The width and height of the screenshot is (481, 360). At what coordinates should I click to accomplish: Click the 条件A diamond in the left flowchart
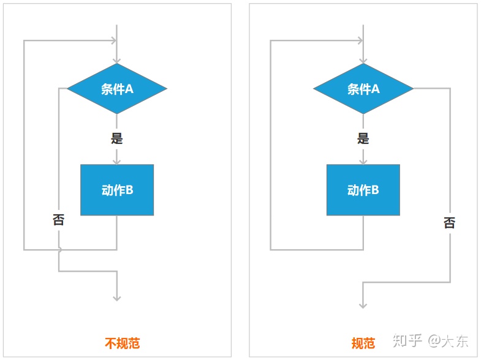click(x=116, y=89)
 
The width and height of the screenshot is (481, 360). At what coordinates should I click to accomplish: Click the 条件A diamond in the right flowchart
click(x=363, y=89)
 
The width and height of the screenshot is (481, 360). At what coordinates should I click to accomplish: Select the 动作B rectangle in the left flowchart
click(x=116, y=190)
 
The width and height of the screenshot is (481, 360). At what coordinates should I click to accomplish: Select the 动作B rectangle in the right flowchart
click(x=363, y=190)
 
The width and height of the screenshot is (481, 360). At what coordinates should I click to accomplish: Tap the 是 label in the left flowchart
click(x=116, y=138)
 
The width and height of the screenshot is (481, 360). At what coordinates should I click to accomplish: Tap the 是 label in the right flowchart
click(x=363, y=138)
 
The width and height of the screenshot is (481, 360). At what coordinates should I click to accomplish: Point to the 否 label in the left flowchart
click(x=58, y=220)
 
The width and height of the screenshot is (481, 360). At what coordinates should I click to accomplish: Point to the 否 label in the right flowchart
click(x=450, y=223)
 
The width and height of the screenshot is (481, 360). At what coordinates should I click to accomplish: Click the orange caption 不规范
click(x=123, y=343)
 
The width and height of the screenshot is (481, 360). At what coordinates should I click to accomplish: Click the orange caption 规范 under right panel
click(x=363, y=343)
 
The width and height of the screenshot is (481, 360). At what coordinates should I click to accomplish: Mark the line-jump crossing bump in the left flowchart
click(x=59, y=249)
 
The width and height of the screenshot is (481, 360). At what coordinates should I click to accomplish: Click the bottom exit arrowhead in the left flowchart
click(x=116, y=298)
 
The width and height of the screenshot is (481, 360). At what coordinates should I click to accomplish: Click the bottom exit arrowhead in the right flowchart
click(x=363, y=304)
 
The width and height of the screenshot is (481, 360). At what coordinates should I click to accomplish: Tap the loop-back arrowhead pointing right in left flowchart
click(x=113, y=41)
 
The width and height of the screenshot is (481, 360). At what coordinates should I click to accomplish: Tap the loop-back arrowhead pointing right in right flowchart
click(x=360, y=41)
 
